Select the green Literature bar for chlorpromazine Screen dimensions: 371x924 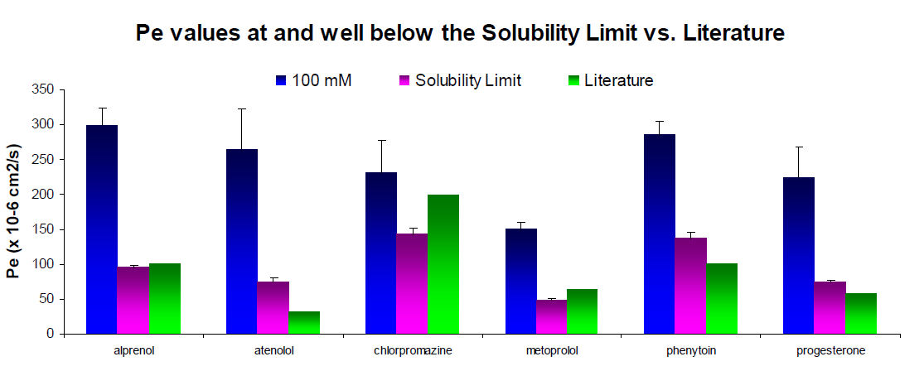[x=443, y=264]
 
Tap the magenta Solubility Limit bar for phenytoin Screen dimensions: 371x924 [x=691, y=286]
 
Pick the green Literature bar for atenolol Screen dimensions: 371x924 [x=304, y=322]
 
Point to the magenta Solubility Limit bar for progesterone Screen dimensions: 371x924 [x=830, y=307]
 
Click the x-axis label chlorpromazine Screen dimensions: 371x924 [x=412, y=350]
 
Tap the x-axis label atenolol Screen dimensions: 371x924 [x=273, y=350]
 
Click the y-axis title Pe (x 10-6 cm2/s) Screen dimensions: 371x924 [x=14, y=212]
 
